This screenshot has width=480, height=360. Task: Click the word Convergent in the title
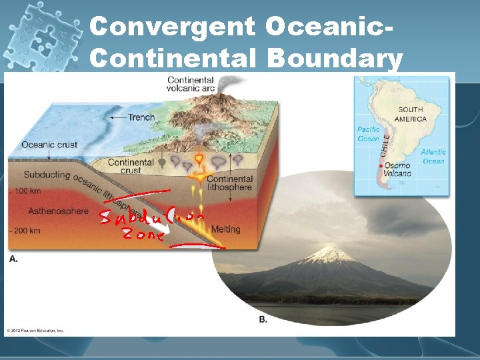[172, 26]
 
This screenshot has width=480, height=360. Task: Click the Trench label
[141, 117]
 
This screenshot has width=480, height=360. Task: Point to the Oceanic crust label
[49, 145]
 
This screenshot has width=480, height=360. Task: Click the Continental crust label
[131, 167]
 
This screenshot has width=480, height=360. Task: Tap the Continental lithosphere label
[229, 183]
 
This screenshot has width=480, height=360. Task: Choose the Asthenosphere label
[58, 211]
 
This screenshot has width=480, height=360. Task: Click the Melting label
[225, 229]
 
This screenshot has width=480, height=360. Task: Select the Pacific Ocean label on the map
[369, 134]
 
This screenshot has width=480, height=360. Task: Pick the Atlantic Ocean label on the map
[433, 156]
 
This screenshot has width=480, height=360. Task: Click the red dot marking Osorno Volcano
[380, 165]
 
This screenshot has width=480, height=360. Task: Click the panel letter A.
[13, 259]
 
